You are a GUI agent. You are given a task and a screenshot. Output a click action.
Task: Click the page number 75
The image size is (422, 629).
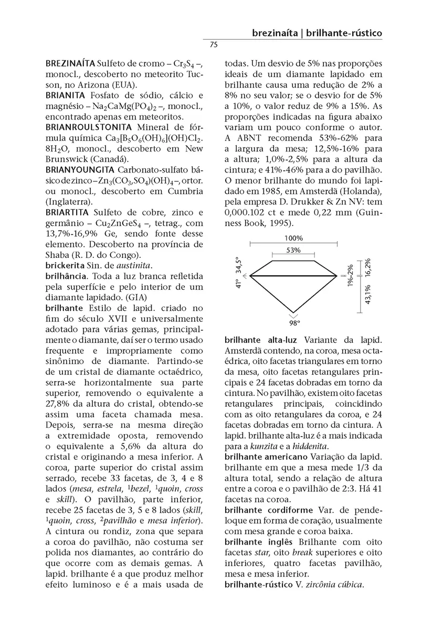coord(214,45)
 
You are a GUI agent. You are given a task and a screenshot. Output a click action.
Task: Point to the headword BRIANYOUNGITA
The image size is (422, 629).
coord(80,170)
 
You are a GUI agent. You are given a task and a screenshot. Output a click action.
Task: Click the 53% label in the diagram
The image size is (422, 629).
coord(293,251)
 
